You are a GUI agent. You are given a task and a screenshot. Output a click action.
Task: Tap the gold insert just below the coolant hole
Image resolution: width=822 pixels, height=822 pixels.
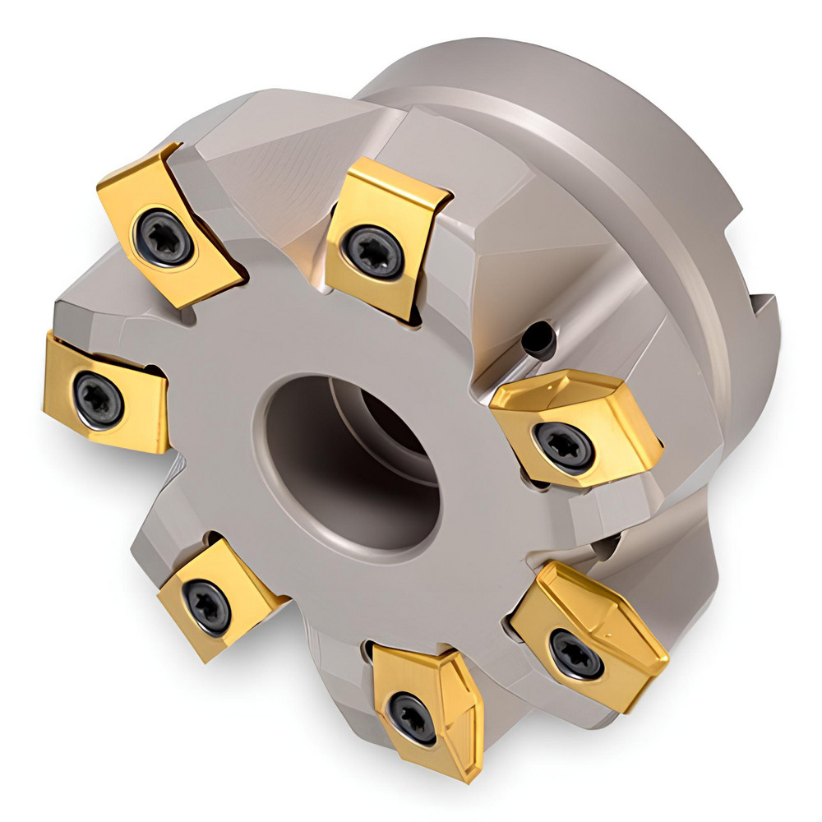pyautogui.click(x=575, y=427)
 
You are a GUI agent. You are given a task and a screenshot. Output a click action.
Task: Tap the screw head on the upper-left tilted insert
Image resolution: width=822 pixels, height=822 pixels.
pyautogui.click(x=163, y=237)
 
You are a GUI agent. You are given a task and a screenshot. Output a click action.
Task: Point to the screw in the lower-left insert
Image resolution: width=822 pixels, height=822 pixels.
pyautogui.click(x=207, y=607)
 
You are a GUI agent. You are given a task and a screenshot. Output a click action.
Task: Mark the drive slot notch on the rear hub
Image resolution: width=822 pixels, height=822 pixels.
pyautogui.click(x=760, y=329)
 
